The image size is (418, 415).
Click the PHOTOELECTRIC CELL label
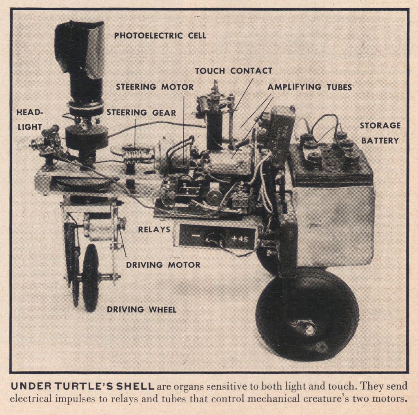click(x=160, y=36)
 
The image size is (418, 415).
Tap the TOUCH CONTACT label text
click(x=233, y=71)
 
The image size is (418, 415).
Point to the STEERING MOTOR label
click(x=155, y=87)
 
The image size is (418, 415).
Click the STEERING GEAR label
click(x=141, y=112)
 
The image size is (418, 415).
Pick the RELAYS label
click(x=154, y=230)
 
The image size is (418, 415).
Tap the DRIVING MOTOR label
click(x=163, y=265)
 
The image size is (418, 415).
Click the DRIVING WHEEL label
click(x=141, y=310)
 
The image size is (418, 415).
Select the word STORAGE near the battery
click(x=380, y=126)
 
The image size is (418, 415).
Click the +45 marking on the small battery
click(x=239, y=238)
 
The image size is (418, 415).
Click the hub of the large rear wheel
click(x=309, y=328)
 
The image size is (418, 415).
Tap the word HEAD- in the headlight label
click(x=29, y=112)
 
